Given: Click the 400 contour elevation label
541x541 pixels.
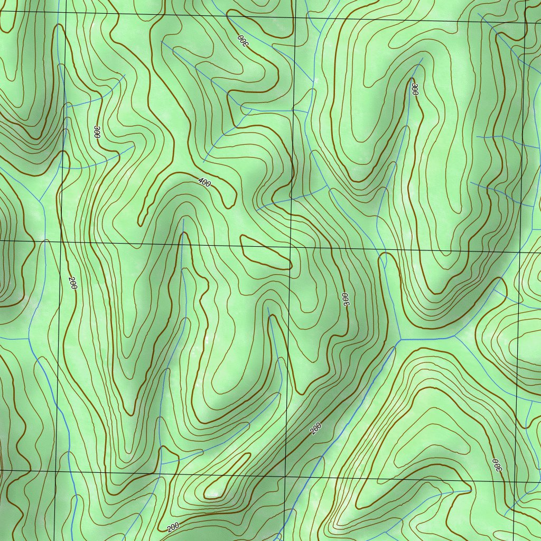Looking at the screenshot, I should tap(204, 183).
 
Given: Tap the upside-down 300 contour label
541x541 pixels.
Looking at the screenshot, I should tap(242, 40).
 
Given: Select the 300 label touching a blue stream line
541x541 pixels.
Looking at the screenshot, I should tap(415, 89).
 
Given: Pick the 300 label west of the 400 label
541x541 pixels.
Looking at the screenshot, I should tap(96, 132).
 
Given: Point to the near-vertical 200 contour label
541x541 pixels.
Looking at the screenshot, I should tap(73, 283).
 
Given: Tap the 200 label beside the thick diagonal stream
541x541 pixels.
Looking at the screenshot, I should tap(316, 429).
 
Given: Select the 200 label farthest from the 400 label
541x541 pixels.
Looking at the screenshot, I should tap(173, 527).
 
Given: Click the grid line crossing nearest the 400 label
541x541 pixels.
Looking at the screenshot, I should tap(291, 245).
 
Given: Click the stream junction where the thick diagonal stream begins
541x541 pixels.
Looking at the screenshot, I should tap(400, 339).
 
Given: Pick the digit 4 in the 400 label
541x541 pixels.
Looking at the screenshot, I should tap(200, 181).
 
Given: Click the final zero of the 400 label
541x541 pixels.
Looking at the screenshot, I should tap(209, 185).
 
